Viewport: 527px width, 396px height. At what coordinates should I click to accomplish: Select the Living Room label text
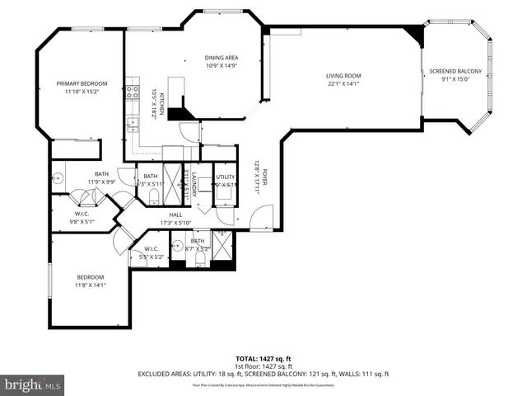pyautogui.click(x=344, y=76)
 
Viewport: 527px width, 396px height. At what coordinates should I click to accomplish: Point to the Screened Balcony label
pyautogui.click(x=455, y=72)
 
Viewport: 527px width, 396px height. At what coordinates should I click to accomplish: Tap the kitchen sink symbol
pyautogui.click(x=132, y=124)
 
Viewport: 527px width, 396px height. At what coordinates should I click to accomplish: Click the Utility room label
pyautogui.click(x=225, y=177)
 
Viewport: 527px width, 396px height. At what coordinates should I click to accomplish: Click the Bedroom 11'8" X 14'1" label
pyautogui.click(x=91, y=280)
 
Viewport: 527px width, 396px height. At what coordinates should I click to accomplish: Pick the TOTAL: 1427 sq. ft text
pyautogui.click(x=263, y=359)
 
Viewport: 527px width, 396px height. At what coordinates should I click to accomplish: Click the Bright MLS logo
pyautogui.click(x=33, y=384)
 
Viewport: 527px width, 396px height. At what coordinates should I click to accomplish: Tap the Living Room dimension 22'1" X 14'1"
pyautogui.click(x=344, y=82)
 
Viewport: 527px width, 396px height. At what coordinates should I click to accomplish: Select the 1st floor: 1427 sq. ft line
pyautogui.click(x=263, y=366)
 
